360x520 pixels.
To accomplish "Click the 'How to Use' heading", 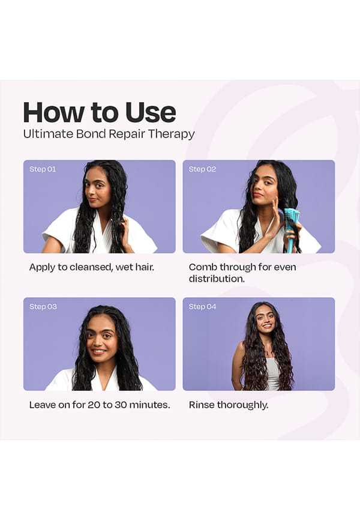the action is click(x=100, y=112).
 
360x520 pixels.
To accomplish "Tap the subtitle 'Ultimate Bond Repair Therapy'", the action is click(x=109, y=134).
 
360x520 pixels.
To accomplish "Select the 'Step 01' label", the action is click(x=43, y=169).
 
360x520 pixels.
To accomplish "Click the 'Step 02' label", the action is click(x=202, y=169).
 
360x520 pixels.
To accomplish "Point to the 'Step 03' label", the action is click(x=43, y=306).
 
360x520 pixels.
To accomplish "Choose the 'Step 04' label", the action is click(x=202, y=306).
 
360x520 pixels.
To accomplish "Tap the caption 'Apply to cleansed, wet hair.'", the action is click(x=91, y=267).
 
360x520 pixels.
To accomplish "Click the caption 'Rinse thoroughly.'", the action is click(x=229, y=405).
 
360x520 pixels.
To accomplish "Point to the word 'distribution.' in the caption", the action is click(x=217, y=279).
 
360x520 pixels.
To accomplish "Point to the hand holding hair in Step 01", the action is click(x=126, y=232).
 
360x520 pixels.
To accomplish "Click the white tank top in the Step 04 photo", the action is click(x=273, y=373).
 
